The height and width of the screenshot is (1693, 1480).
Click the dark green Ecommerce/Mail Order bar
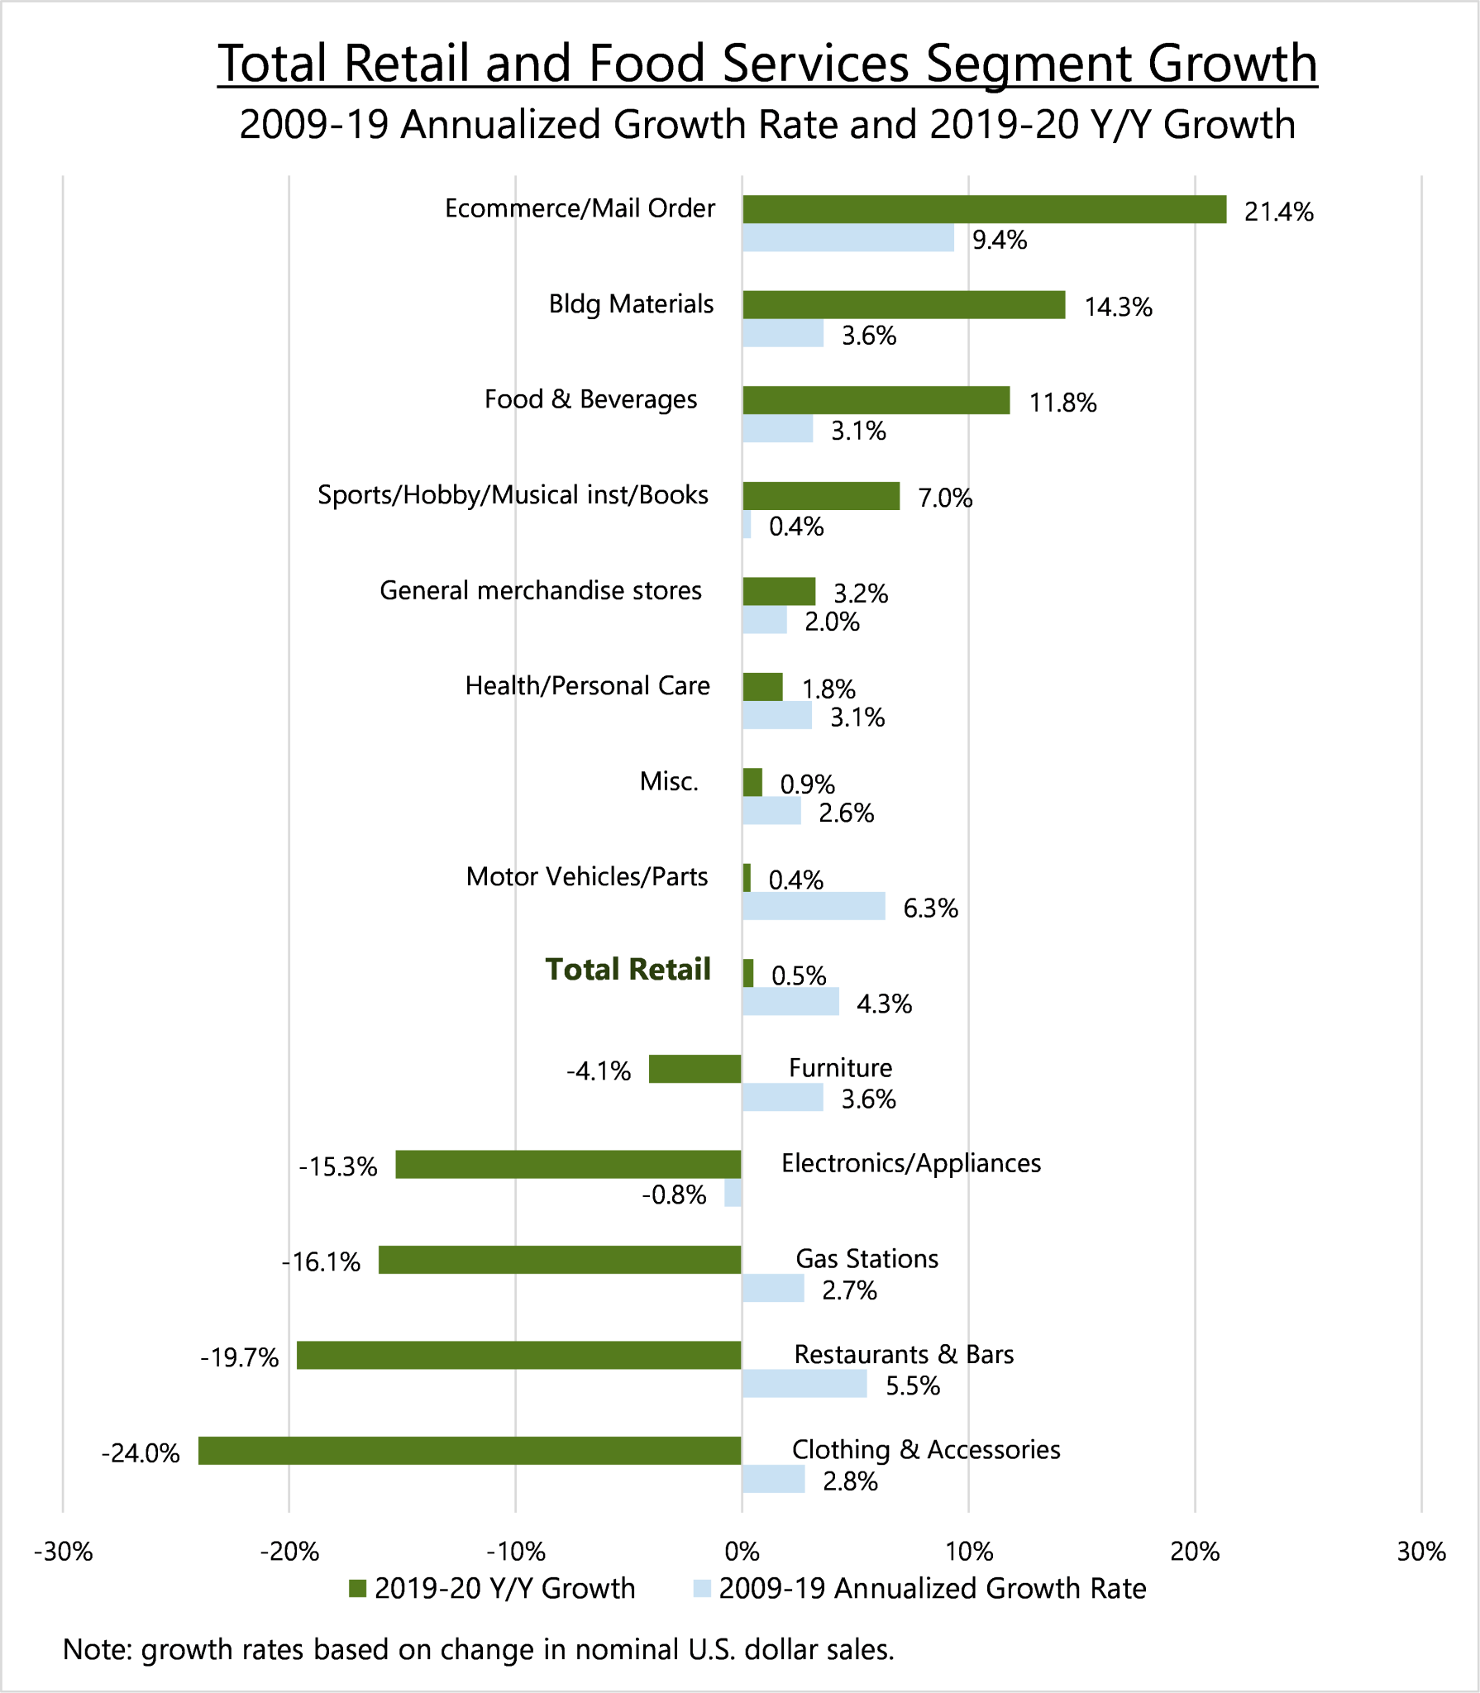(984, 209)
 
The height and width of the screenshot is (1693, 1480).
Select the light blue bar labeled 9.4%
(847, 239)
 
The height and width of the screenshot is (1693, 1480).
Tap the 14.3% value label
(1118, 308)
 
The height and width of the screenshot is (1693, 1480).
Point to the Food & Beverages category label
(590, 399)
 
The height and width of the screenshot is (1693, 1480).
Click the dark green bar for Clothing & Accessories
(470, 1451)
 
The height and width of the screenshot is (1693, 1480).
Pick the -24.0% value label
(141, 1453)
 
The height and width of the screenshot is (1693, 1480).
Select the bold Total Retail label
(628, 970)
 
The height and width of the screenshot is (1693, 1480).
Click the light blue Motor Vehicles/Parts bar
(814, 907)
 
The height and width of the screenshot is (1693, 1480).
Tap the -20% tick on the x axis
(289, 1552)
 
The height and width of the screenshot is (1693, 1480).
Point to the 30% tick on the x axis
(1421, 1552)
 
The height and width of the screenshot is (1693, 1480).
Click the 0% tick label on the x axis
(742, 1552)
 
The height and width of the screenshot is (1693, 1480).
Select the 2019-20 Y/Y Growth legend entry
(493, 1589)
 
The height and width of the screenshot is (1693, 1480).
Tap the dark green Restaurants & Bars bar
(519, 1355)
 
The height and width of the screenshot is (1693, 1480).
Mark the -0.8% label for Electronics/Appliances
(674, 1195)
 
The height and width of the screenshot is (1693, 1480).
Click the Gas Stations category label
(867, 1259)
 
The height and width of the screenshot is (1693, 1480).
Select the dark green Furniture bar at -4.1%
(695, 1069)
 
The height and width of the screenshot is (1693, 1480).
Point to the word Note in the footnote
(96, 1650)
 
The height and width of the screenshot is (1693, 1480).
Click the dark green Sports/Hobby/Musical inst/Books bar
(821, 496)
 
